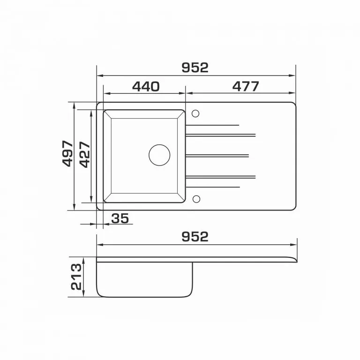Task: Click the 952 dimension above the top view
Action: click(x=195, y=67)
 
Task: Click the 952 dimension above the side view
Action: click(x=195, y=237)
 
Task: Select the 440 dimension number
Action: click(x=146, y=87)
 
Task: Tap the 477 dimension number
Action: click(x=246, y=87)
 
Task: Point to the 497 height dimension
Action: click(x=68, y=154)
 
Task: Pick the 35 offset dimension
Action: click(x=120, y=218)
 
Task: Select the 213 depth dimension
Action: click(x=76, y=277)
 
